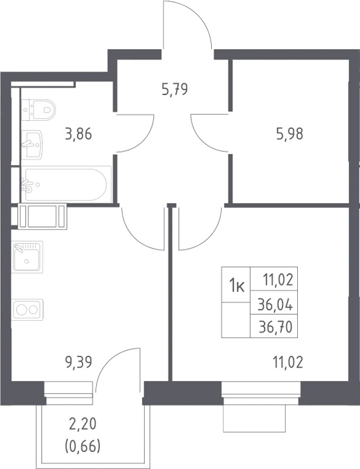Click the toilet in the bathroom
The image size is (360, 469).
click(x=39, y=110)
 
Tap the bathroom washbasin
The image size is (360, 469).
click(x=32, y=144)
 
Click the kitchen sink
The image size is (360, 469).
click(x=27, y=256)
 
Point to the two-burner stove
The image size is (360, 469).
click(x=28, y=310)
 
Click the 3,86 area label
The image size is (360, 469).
click(x=78, y=134)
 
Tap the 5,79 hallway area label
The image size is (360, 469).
click(x=175, y=89)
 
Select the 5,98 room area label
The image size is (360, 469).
click(x=290, y=134)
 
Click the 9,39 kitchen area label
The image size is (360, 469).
click(x=78, y=362)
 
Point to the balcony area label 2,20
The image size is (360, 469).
click(x=82, y=424)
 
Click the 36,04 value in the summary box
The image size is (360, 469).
click(x=276, y=305)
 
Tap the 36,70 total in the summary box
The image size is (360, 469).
click(x=276, y=328)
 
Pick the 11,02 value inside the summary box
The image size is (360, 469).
click(x=277, y=281)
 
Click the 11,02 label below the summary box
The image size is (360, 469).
click(x=288, y=362)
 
